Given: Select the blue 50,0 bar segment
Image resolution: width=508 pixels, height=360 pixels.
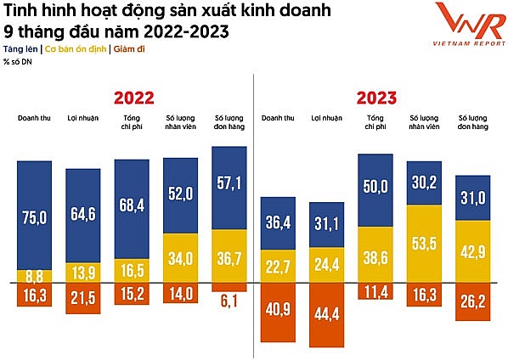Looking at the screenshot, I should (x=375, y=189).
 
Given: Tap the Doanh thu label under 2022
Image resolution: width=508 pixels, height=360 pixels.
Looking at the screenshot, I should (x=34, y=117).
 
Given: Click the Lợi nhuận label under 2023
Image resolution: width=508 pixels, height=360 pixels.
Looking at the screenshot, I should (x=326, y=117).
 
